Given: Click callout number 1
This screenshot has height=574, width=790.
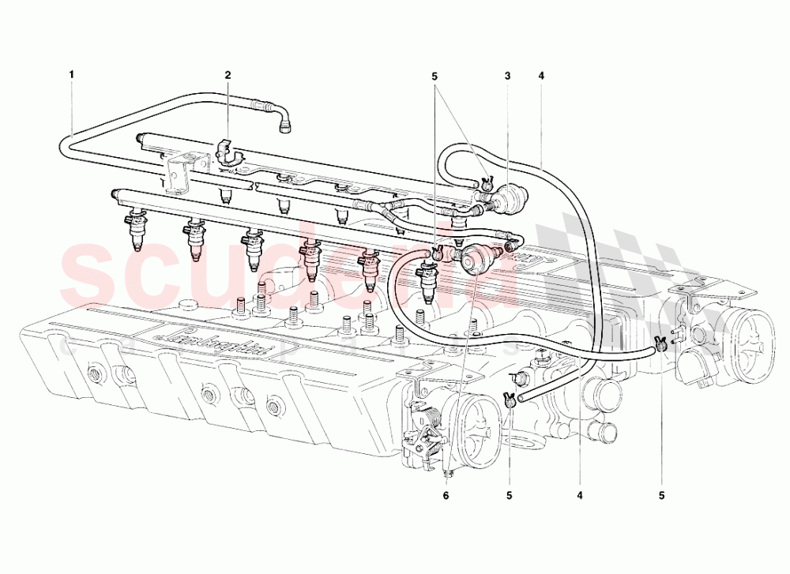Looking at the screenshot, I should (x=71, y=75).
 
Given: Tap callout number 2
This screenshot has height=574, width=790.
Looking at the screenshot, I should (x=228, y=75).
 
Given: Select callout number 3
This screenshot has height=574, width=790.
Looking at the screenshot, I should (x=508, y=75).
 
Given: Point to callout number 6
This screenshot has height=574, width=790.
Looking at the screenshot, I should (x=445, y=496).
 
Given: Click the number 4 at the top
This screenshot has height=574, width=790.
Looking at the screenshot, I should (x=541, y=75).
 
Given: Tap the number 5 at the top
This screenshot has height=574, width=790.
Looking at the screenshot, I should (x=434, y=75).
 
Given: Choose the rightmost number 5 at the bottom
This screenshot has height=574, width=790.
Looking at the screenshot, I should (x=661, y=496).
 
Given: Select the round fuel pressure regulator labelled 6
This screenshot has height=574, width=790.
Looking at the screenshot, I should (x=475, y=257).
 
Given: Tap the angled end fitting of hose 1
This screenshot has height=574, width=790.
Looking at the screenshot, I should (x=284, y=118).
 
